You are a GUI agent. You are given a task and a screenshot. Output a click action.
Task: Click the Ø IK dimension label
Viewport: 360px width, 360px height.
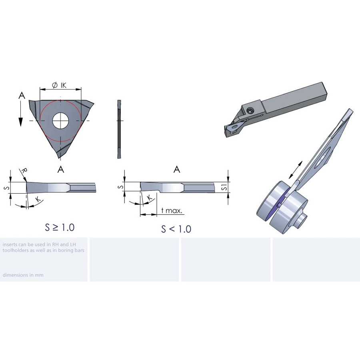coord(59,86)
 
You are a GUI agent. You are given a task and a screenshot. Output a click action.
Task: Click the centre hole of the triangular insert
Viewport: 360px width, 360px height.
coord(61,121)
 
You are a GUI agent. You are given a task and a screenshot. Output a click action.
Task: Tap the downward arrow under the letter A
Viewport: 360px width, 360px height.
coord(21,114)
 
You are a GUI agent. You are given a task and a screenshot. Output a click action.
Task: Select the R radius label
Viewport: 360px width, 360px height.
coord(24,170)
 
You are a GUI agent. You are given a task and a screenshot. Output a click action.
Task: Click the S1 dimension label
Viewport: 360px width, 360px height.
coord(224,187)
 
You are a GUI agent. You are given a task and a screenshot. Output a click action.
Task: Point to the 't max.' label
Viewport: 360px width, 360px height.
coord(172,210)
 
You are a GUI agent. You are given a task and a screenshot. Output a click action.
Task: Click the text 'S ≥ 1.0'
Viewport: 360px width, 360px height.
coord(60,227)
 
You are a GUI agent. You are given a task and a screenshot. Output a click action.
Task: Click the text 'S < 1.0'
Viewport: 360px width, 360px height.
coord(176,229)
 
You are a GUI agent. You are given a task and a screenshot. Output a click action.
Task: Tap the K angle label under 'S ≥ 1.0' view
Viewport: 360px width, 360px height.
coord(38,200)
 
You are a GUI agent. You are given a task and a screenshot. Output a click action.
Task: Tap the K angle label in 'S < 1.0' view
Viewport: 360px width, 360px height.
coord(149,198)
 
